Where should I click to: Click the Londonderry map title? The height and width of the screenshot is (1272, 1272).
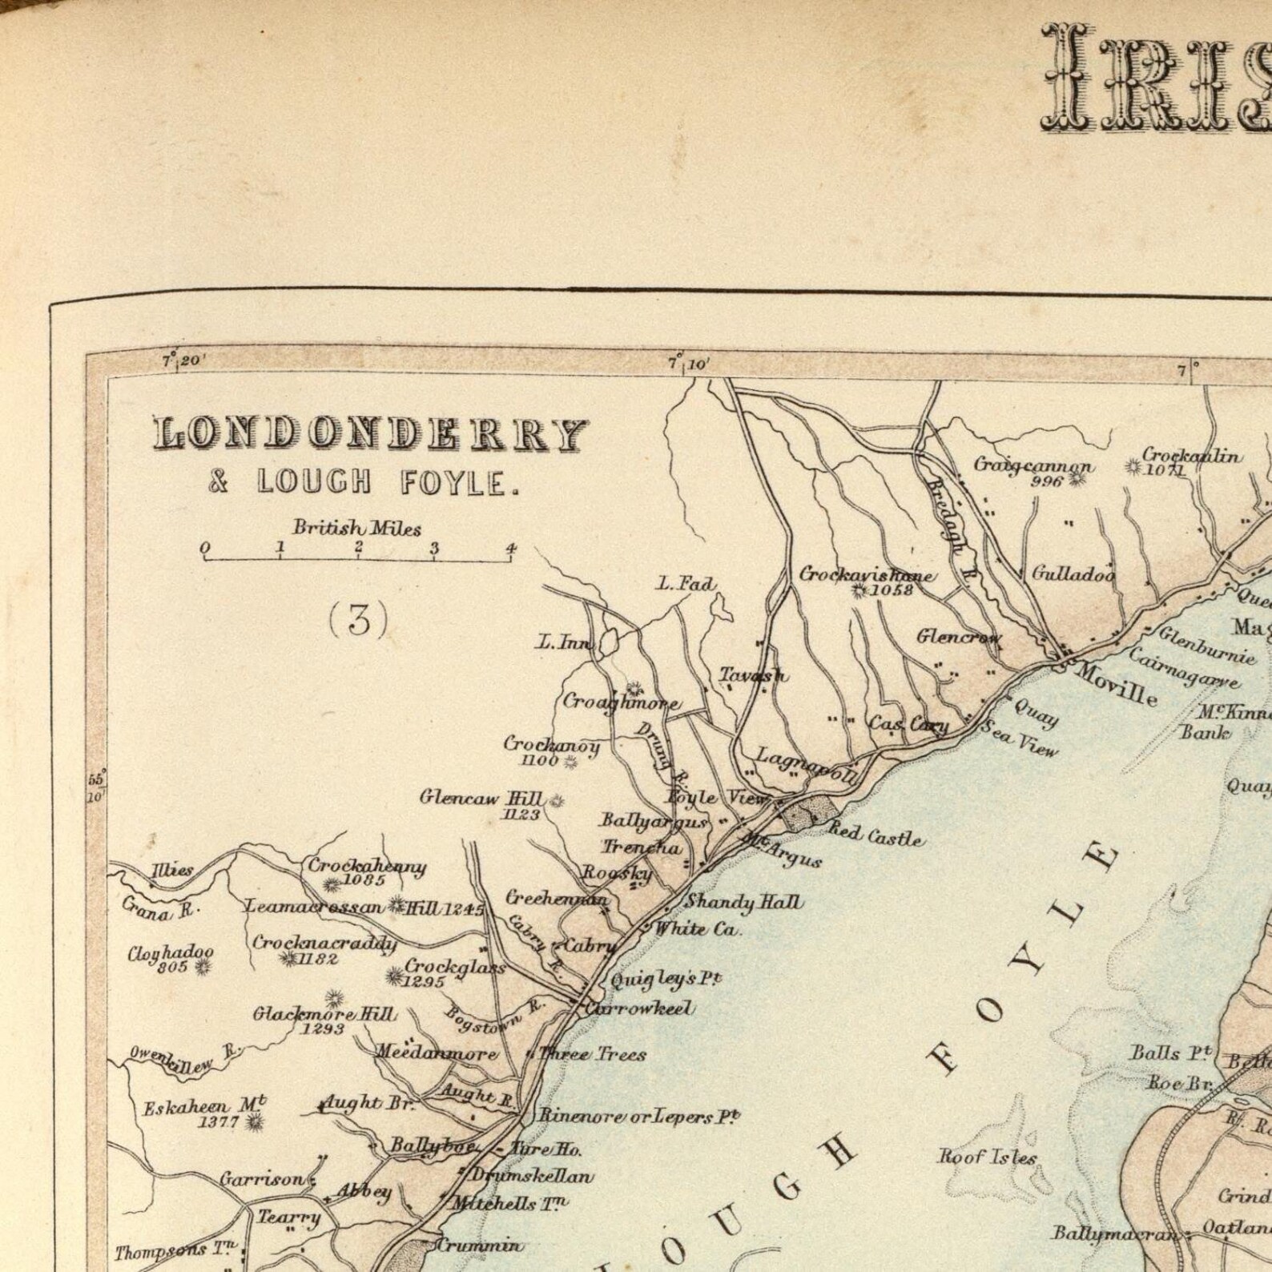point(371,435)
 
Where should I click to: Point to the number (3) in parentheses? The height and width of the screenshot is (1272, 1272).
point(358,619)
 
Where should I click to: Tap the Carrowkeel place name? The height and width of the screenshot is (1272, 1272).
point(639,1008)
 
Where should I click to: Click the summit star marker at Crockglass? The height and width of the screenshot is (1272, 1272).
point(394,976)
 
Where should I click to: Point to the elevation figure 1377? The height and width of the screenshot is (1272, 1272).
point(219,1122)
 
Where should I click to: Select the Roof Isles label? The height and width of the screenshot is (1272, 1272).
point(988,1157)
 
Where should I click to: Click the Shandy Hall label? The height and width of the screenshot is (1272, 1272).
point(743,903)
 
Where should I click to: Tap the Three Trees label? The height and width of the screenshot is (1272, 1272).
point(593,1054)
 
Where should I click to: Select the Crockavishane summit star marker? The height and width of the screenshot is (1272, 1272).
point(859,591)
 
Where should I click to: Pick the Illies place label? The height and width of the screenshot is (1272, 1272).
point(172,870)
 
